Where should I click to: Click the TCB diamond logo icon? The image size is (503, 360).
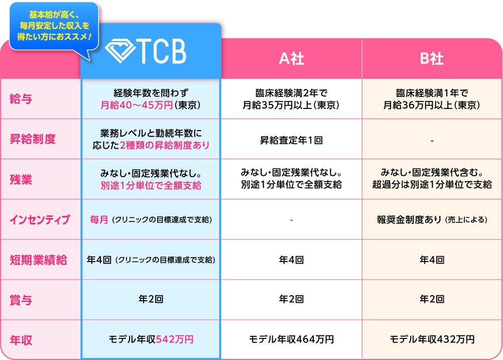pos(120,51)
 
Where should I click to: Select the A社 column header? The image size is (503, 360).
pos(291,58)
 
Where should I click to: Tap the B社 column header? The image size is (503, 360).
pos(432,58)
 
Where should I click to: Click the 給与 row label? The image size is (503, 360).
pos(21,99)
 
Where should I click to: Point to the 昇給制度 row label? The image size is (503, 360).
pos(33,139)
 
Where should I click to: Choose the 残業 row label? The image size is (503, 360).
pos(21,179)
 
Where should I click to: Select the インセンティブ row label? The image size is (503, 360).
pos(40,220)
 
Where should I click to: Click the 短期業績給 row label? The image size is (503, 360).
pos(39,260)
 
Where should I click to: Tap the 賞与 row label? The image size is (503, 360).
pos(21,300)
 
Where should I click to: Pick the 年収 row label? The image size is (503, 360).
pos(21,340)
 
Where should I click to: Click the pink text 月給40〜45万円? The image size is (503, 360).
pos(137,105)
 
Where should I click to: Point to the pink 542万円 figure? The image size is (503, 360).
pos(175,339)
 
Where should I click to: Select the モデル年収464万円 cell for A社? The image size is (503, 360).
pos(291,339)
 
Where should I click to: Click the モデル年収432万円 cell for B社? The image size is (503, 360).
pos(432,339)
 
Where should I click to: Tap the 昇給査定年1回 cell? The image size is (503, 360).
pos(291,140)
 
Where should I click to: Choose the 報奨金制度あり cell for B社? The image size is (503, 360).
pos(432,220)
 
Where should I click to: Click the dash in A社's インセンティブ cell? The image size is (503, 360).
pos(291,220)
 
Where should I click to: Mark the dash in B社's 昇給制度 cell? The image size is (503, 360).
pos(432,141)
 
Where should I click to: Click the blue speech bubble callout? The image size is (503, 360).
pos(54,26)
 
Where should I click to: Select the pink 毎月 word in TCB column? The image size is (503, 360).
pos(99,220)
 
